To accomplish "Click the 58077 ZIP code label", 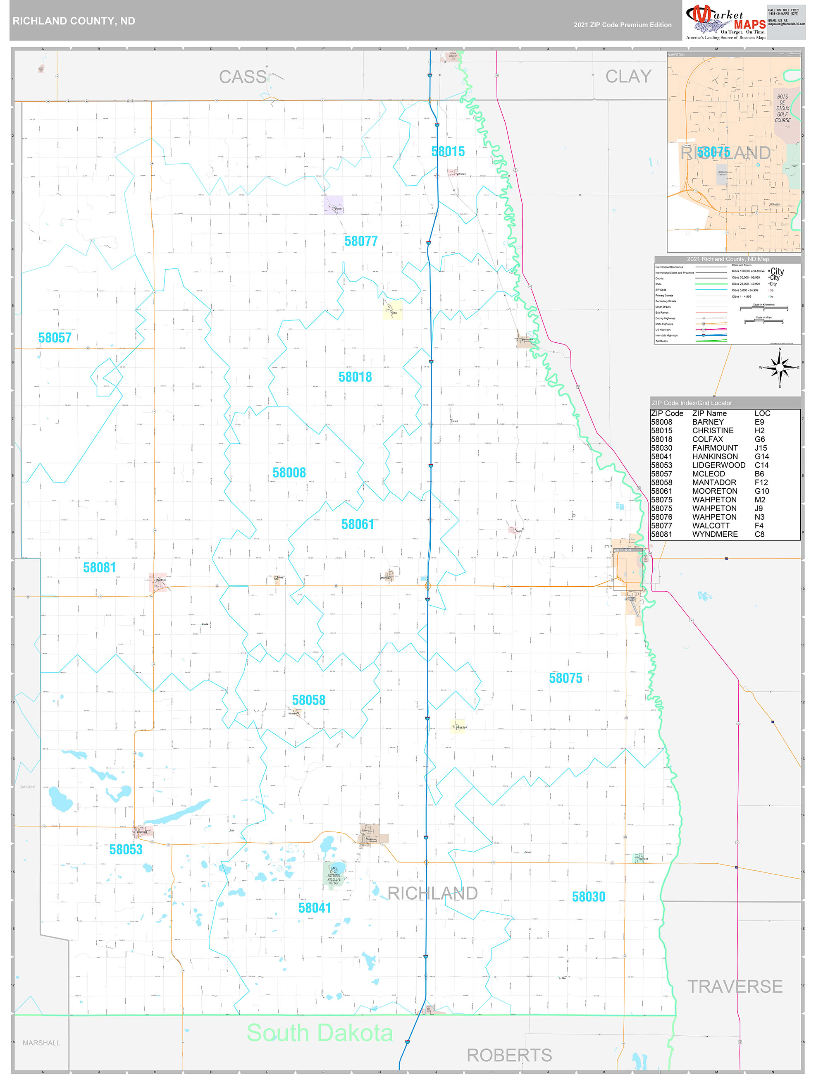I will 360,241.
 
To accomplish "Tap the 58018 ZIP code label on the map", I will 355,377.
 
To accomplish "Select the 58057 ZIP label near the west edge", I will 55,337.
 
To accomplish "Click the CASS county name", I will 243,77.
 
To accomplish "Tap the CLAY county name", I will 628,76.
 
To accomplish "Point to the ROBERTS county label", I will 509,1055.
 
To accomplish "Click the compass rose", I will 780,368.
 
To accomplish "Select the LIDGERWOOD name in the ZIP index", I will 718,465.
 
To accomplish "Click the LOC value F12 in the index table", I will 761,482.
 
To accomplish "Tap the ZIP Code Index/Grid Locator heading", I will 692,403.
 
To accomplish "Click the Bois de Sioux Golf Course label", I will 782,108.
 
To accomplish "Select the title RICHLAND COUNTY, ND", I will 74,21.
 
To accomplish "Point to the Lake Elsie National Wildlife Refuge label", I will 334,875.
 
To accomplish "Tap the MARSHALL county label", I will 41,1043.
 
